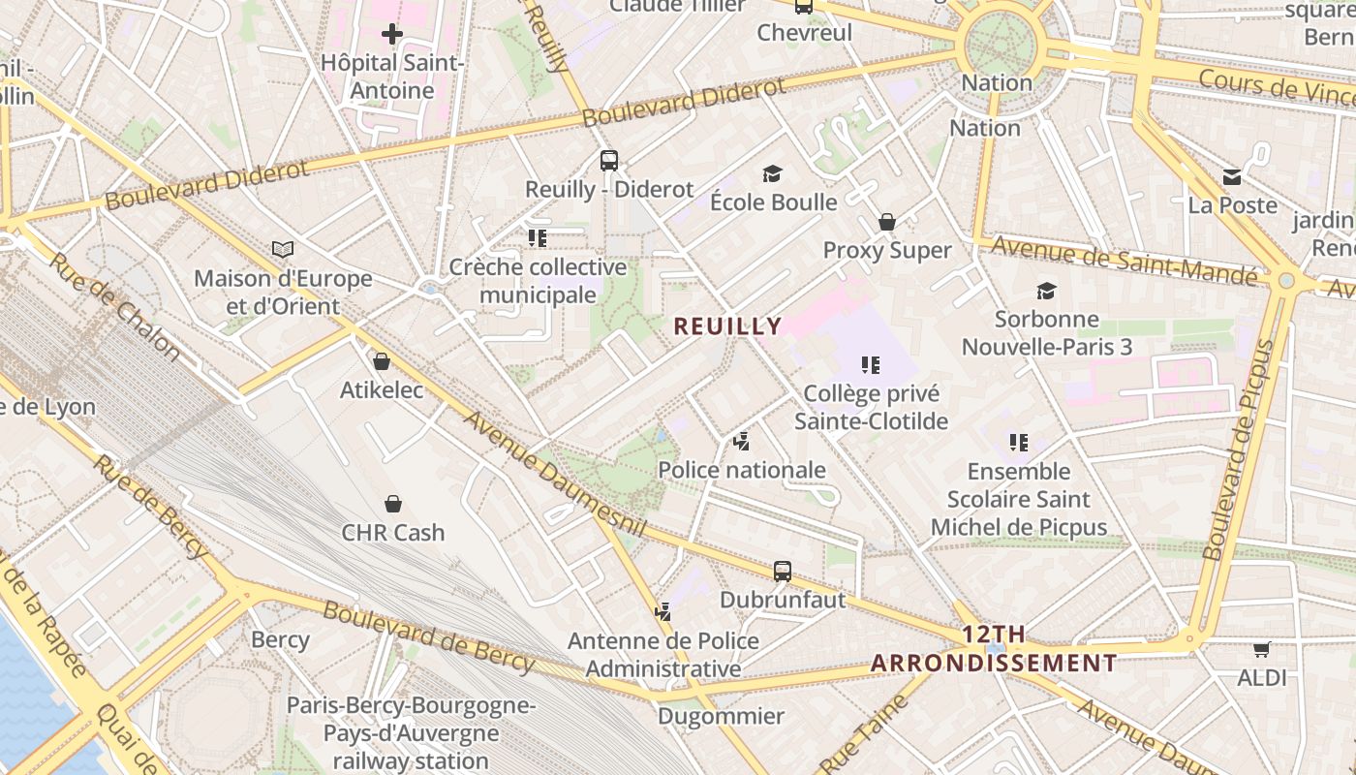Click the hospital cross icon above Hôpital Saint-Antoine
click(x=391, y=35)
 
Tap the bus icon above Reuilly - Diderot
click(x=608, y=161)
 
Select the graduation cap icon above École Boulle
click(x=772, y=174)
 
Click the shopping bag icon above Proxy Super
click(x=886, y=222)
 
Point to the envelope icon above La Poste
click(x=1232, y=177)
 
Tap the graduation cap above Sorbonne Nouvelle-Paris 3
click(x=1046, y=291)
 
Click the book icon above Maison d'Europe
click(x=283, y=250)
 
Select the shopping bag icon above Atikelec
click(x=382, y=361)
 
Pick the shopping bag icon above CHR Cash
click(x=393, y=504)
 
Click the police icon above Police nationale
click(x=742, y=443)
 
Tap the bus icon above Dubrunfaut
click(x=783, y=572)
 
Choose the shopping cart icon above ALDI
click(x=1261, y=650)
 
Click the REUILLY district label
click(x=727, y=326)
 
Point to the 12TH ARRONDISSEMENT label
click(x=994, y=649)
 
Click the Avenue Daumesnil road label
click(x=555, y=474)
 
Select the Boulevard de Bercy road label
click(x=428, y=636)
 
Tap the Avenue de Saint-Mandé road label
click(x=1124, y=260)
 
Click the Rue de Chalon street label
click(x=114, y=306)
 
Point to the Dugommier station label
click(x=721, y=717)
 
